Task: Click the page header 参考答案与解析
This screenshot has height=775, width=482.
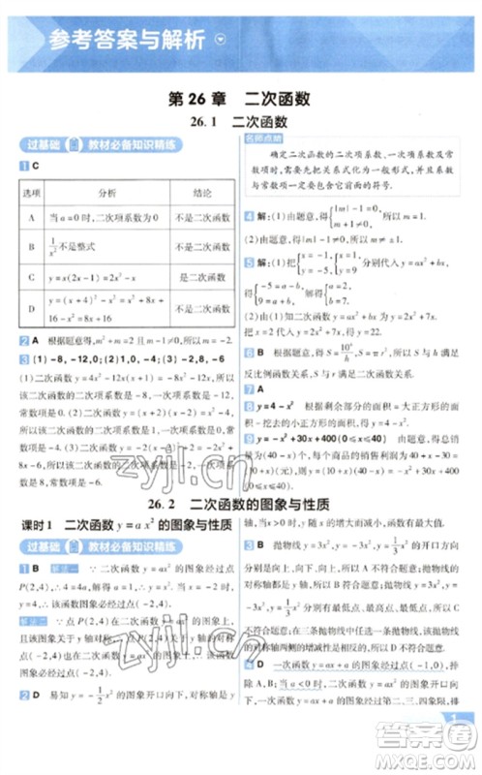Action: pos(126,41)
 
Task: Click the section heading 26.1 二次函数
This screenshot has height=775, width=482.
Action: pos(239,123)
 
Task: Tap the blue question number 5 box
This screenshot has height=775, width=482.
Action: pos(249,291)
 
